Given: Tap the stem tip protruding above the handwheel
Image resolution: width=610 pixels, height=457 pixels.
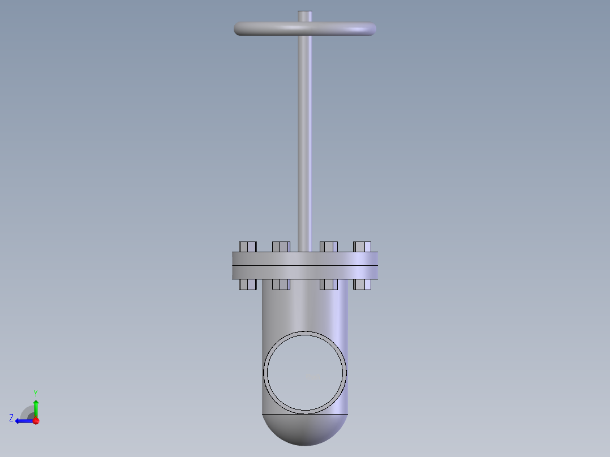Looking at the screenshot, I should pyautogui.click(x=305, y=15).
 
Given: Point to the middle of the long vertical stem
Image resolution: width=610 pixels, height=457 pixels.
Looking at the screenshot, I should pyautogui.click(x=305, y=136).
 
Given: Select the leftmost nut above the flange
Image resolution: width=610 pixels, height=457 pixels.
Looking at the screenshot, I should pyautogui.click(x=248, y=247).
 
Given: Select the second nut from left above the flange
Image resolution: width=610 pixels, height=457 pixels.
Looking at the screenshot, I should pyautogui.click(x=281, y=247).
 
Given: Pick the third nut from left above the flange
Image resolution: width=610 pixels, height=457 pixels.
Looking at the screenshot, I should pyautogui.click(x=329, y=247).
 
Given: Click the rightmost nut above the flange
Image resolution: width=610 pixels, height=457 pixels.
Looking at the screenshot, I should pyautogui.click(x=362, y=247).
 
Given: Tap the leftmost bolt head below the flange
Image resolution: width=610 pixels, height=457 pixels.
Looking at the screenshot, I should pyautogui.click(x=248, y=284).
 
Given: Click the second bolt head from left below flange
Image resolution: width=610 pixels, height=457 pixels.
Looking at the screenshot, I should pyautogui.click(x=281, y=284).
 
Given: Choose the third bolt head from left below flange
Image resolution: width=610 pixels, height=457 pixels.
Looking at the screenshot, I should pyautogui.click(x=329, y=284).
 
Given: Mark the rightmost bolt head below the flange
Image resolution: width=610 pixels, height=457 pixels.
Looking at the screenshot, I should pyautogui.click(x=362, y=284).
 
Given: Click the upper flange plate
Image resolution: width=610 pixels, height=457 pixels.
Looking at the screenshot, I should pyautogui.click(x=304, y=258).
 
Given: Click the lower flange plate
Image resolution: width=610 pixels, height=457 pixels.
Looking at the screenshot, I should pyautogui.click(x=304, y=272).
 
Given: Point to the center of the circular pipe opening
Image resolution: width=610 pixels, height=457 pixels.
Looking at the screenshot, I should pyautogui.click(x=305, y=372).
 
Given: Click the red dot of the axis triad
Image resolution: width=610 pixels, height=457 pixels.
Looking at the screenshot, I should pyautogui.click(x=36, y=421).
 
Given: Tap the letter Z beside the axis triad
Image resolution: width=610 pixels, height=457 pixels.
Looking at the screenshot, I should pyautogui.click(x=11, y=418).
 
